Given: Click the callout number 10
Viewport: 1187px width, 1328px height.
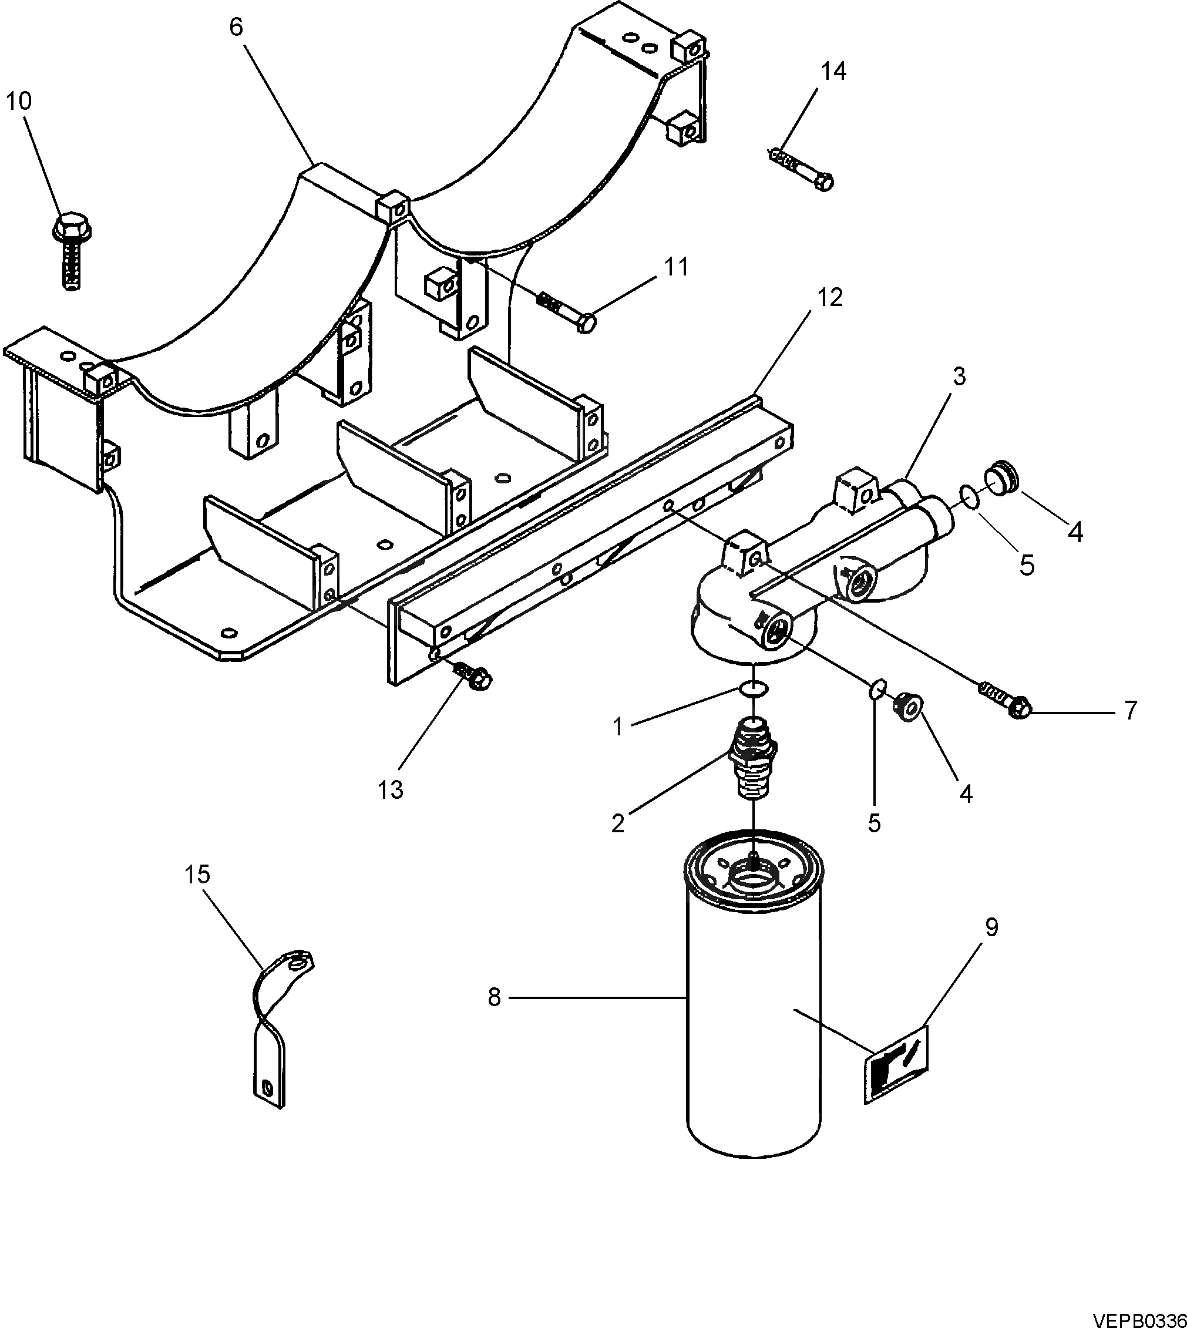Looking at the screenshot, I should click(x=19, y=102).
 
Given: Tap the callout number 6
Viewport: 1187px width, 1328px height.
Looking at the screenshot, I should click(x=236, y=28).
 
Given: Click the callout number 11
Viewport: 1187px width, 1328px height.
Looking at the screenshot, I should click(x=677, y=267).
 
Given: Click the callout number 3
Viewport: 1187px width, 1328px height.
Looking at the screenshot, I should click(x=959, y=376).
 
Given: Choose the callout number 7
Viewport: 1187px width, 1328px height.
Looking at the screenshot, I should click(x=1130, y=710).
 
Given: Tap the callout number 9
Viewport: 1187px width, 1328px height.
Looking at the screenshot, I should click(x=991, y=927).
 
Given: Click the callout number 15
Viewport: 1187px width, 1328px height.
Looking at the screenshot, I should click(x=197, y=875).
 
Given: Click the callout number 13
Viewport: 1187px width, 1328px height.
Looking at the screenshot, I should click(x=390, y=790).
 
